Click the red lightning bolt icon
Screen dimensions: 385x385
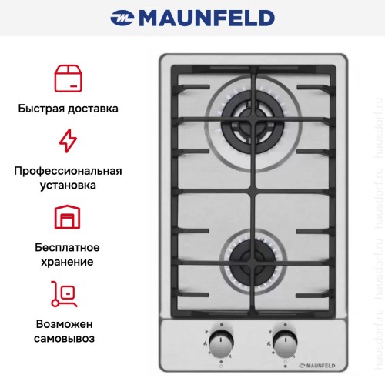click(x=68, y=142)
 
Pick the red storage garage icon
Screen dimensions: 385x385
click(x=68, y=217)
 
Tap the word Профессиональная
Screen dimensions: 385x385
click(x=69, y=171)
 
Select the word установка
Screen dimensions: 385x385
click(x=69, y=186)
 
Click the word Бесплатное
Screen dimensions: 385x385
click(x=69, y=247)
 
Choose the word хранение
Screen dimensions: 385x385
click(x=69, y=262)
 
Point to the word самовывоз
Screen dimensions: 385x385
click(x=69, y=337)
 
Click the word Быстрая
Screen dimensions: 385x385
click(x=40, y=109)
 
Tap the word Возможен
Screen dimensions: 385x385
click(x=69, y=323)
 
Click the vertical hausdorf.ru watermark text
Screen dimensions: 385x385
click(x=377, y=192)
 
